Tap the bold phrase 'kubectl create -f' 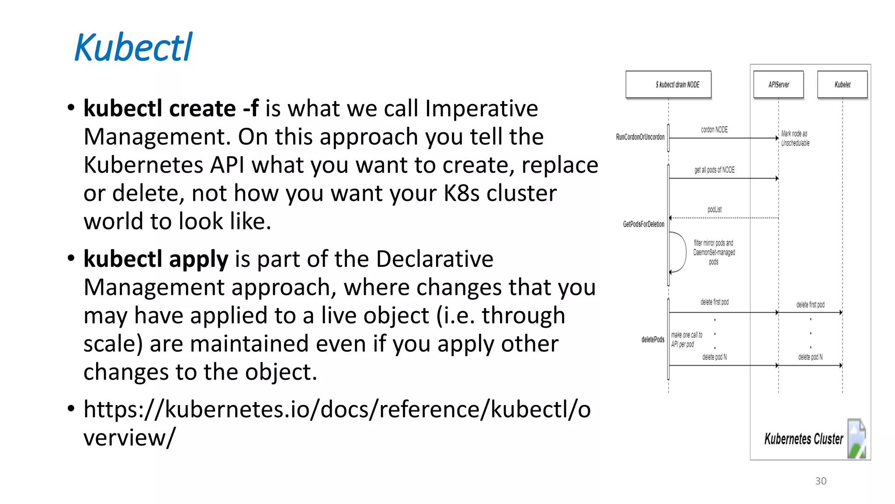click(x=171, y=108)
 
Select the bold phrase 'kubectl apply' click(x=156, y=259)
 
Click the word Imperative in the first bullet click(x=481, y=108)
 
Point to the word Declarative click(x=434, y=259)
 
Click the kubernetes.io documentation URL click(x=336, y=410)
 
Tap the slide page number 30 click(x=821, y=481)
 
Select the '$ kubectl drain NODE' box click(x=668, y=84)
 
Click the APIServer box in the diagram click(x=778, y=84)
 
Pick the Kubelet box click(x=842, y=84)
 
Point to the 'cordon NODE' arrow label click(x=714, y=130)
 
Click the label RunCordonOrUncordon click(x=640, y=137)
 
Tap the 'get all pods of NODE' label click(x=714, y=170)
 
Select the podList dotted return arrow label click(x=715, y=210)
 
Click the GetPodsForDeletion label click(x=643, y=224)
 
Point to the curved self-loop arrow click(x=680, y=252)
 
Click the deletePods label click(x=652, y=339)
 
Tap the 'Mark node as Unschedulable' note click(x=795, y=138)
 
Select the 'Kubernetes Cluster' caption click(x=803, y=439)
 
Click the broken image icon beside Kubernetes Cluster click(x=857, y=438)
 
